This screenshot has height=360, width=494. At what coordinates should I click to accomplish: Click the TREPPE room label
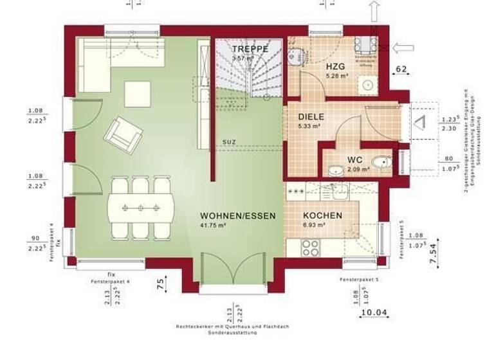tap(250, 49)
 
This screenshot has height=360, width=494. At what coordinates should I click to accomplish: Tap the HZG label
tap(335, 66)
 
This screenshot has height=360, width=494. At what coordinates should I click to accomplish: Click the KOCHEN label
tap(322, 216)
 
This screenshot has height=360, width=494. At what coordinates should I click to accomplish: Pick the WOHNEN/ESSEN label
tap(237, 216)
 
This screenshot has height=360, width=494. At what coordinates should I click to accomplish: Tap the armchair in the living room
tap(125, 133)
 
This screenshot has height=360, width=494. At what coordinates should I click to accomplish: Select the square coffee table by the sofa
tap(138, 94)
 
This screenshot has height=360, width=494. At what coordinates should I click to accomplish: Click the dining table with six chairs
tap(141, 208)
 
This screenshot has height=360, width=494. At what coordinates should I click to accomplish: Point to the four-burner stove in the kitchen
tap(311, 248)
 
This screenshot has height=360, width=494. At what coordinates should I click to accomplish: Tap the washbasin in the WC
tap(336, 170)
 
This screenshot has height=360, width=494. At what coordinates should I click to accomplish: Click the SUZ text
tap(229, 141)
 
